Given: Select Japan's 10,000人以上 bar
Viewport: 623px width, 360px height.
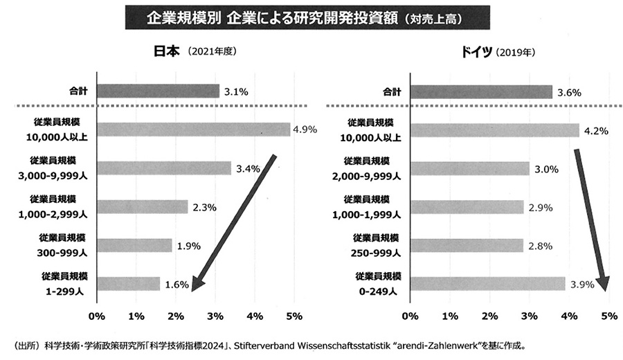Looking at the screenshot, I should tap(193, 129).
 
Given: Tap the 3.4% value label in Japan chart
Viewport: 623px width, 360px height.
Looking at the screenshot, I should tap(247, 168).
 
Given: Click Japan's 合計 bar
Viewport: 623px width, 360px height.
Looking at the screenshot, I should tap(158, 91).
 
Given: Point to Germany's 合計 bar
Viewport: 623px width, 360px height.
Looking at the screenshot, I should tap(481, 91).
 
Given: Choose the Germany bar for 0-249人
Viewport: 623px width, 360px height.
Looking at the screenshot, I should tap(487, 284).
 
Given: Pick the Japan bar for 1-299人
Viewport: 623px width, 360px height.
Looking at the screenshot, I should tap(129, 284).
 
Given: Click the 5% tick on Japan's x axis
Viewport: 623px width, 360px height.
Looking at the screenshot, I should tap(294, 316).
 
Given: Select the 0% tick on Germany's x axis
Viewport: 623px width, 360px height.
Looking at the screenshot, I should tap(410, 316).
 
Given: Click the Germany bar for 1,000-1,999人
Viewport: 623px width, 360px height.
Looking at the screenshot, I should tap(467, 206).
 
